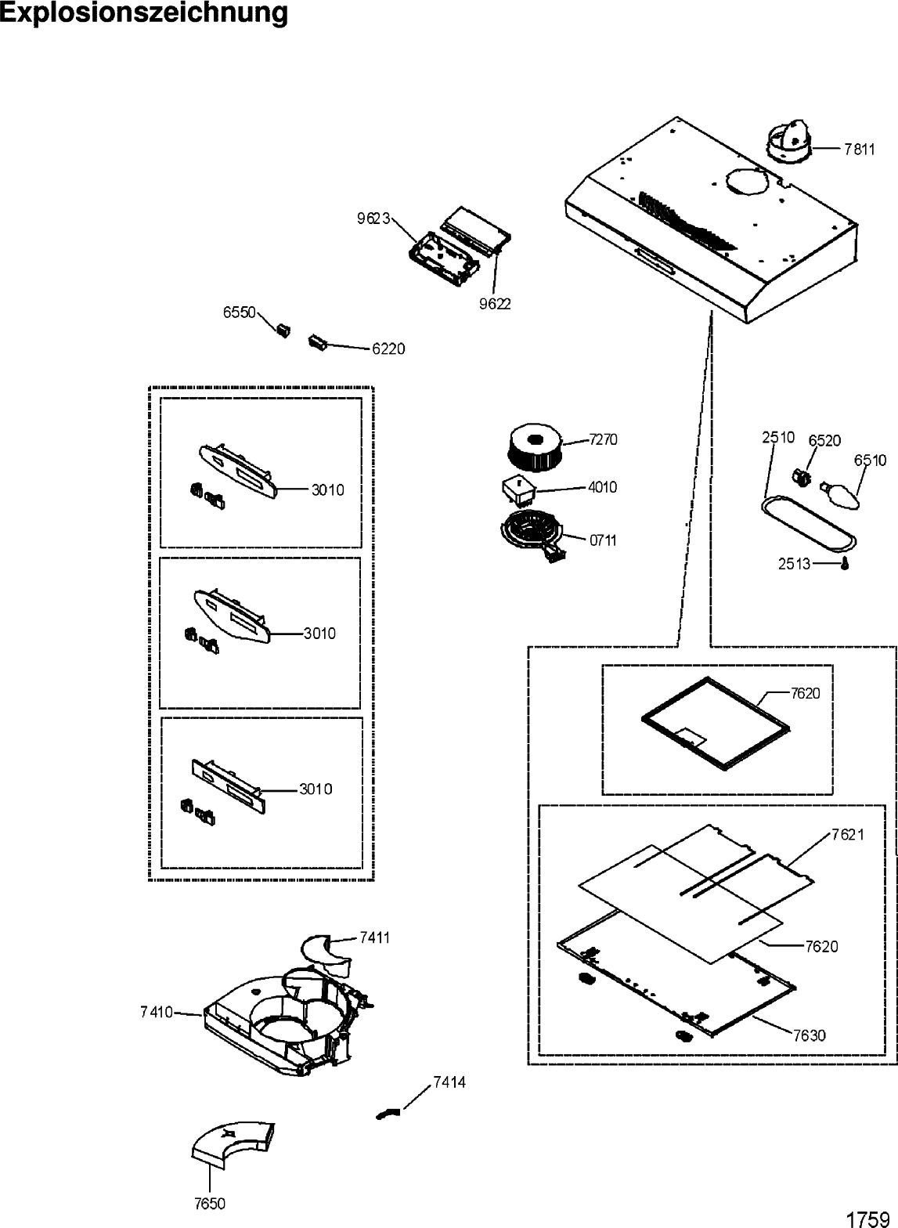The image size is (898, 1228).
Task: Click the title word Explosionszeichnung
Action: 144,13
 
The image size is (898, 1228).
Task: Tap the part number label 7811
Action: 859,149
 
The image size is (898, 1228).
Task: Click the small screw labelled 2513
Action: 845,564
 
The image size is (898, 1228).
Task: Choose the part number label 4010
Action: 601,487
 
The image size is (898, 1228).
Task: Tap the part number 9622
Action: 494,304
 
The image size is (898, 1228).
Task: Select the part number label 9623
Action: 373,219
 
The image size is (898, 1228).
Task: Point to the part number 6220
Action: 388,349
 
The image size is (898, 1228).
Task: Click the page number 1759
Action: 868,1219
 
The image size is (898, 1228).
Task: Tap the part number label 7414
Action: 449,1082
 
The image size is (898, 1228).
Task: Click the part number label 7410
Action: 157,1013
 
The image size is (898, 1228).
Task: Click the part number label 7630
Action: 808,1035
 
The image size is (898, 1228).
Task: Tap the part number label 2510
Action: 778,438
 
